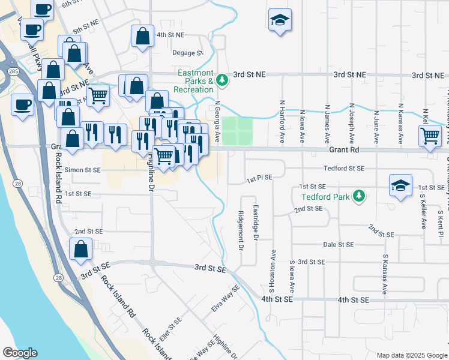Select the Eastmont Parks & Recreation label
[193, 81]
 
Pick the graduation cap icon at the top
[280, 20]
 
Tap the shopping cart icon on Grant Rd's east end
[430, 136]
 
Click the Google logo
[20, 353]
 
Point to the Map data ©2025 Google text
[411, 355]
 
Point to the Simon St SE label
[83, 170]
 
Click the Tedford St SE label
[344, 169]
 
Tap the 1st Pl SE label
[259, 178]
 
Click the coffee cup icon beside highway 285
[23, 105]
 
